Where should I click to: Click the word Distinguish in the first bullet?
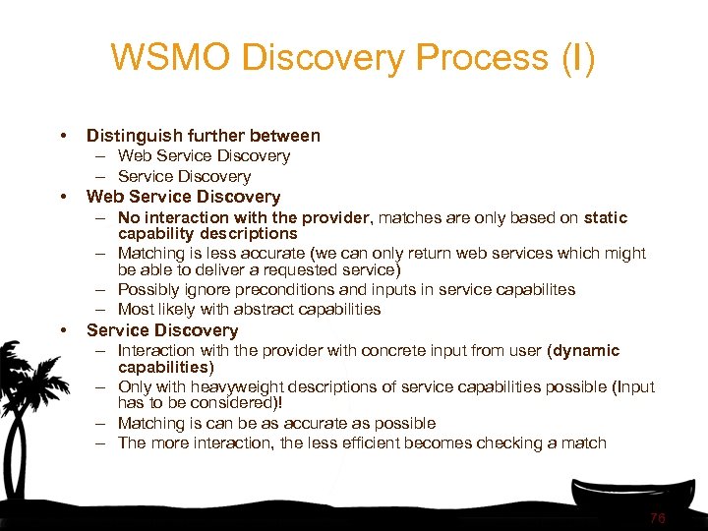coord(131,136)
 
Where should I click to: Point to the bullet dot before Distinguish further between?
coord(63,136)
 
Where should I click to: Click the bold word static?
coord(605,217)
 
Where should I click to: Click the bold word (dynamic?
coord(584,350)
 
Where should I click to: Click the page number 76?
coord(657,517)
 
